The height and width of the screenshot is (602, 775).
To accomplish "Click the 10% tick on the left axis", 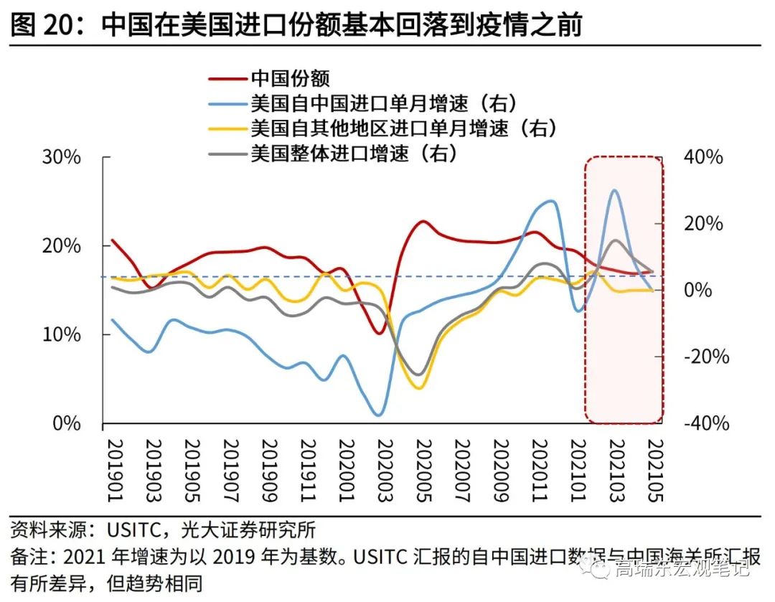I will pos(62,334).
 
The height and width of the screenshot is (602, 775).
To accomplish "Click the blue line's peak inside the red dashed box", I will pos(614,190).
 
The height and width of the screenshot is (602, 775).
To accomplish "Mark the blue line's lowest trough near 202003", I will pos(379,415).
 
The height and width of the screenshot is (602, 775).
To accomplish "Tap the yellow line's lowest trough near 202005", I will pos(418,388).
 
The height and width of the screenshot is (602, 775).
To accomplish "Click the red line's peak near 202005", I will pos(423,221).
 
